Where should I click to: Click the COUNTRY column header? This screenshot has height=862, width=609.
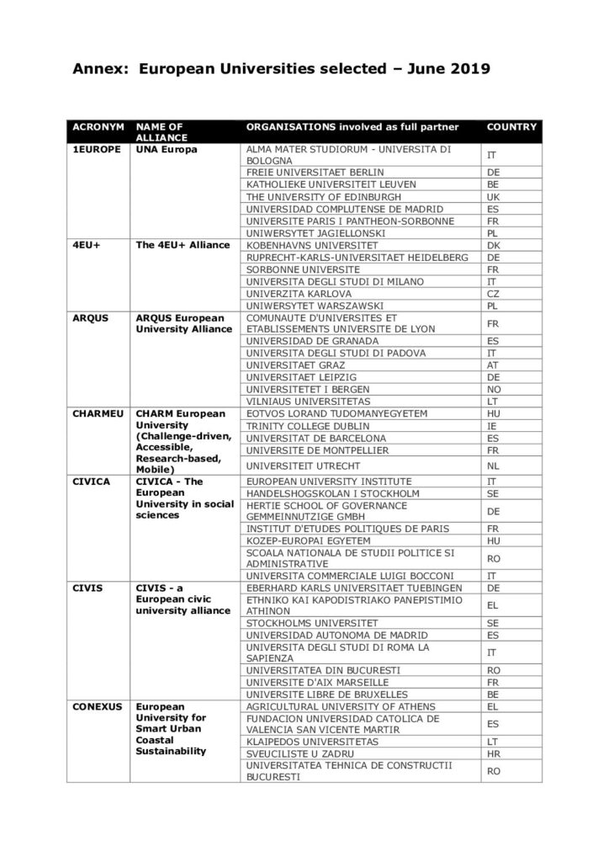pyautogui.click(x=511, y=127)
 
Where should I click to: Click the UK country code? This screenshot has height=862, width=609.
pyautogui.click(x=494, y=196)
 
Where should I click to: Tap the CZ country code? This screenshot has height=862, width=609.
pyautogui.click(x=494, y=293)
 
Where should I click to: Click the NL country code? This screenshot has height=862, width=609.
pyautogui.click(x=494, y=465)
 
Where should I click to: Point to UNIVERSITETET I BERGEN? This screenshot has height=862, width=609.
pyautogui.click(x=303, y=389)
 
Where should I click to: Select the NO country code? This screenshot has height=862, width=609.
pyautogui.click(x=494, y=389)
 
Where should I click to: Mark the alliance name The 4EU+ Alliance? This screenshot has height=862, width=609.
pyautogui.click(x=183, y=245)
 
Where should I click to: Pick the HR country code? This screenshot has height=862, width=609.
pyautogui.click(x=494, y=754)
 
